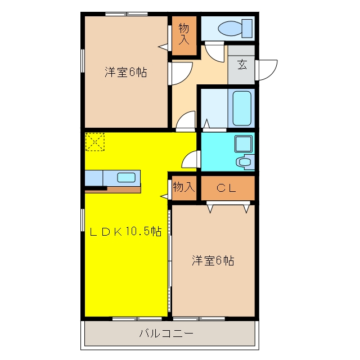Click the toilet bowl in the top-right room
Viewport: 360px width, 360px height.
tap(230, 29)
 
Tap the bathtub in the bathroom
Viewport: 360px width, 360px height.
tap(242, 109)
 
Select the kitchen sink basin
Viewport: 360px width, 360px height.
tap(126, 178)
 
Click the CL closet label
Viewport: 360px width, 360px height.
tap(226, 188)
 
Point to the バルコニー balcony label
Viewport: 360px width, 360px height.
tap(166, 333)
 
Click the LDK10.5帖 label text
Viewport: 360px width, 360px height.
tap(125, 231)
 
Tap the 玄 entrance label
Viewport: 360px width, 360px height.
tap(242, 65)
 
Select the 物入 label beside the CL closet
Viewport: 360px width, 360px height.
tap(184, 187)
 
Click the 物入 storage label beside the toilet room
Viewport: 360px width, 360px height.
tap(184, 34)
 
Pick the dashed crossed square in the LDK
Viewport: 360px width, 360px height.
tap(95, 142)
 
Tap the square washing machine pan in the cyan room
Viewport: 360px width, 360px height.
tap(244, 144)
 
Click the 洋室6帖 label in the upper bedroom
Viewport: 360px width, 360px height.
tap(126, 72)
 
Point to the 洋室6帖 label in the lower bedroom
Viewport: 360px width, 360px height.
tap(213, 260)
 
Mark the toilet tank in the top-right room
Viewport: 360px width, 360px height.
tap(247, 29)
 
